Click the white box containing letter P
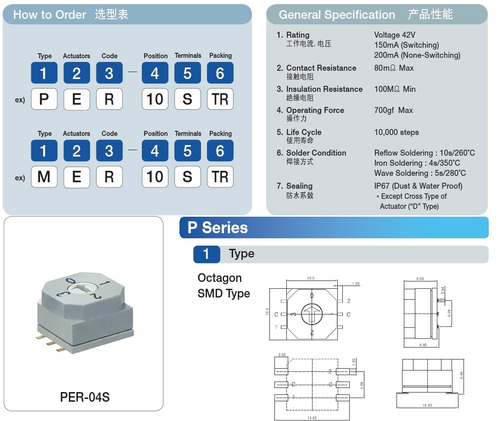[x=44, y=99]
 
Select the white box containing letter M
[x=44, y=177]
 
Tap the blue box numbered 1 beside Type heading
[x=207, y=254]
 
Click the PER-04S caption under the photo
[x=85, y=397]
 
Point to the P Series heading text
[x=218, y=228]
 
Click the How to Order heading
[x=50, y=15]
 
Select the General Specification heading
[x=336, y=15]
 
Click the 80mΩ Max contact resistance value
[x=394, y=68]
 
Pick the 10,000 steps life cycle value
[x=396, y=133]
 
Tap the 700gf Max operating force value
[x=393, y=111]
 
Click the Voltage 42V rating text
[x=395, y=35]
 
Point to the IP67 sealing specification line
[x=418, y=186]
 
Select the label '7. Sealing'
[x=295, y=186]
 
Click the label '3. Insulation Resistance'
[x=319, y=89]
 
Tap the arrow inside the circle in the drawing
[x=312, y=314]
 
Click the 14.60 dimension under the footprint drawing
[x=312, y=417]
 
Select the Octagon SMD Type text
[x=223, y=286]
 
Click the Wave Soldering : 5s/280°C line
[x=420, y=173]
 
